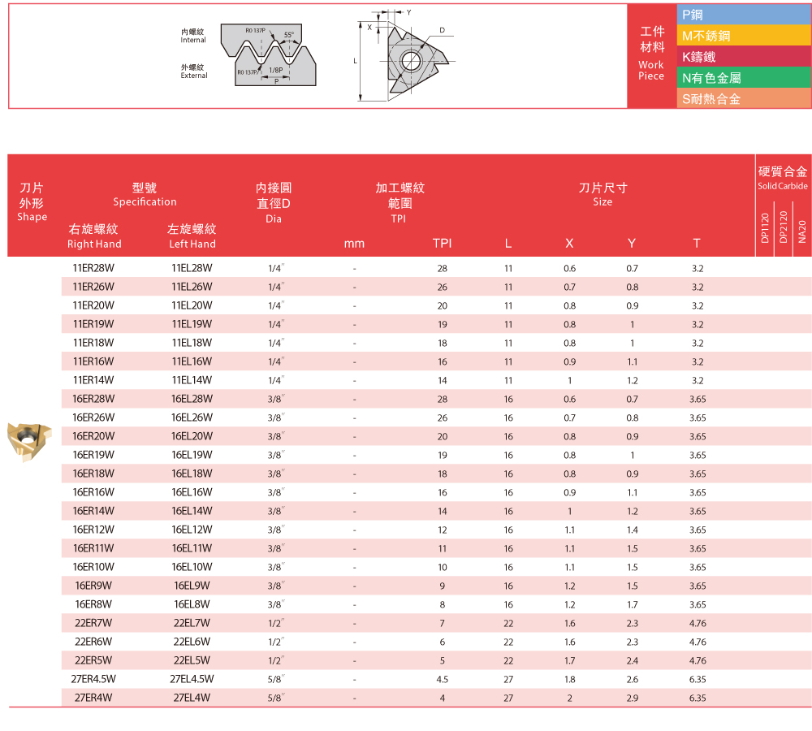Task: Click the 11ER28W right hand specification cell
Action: pyautogui.click(x=93, y=268)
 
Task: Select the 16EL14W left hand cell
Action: pyautogui.click(x=192, y=511)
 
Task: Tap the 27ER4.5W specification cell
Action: pyautogui.click(x=93, y=678)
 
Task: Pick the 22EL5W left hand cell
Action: pyautogui.click(x=192, y=660)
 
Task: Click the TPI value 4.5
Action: pyautogui.click(x=443, y=678)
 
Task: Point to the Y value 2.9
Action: pyautogui.click(x=632, y=698)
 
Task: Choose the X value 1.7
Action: pyautogui.click(x=569, y=660)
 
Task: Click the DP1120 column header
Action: pyautogui.click(x=765, y=227)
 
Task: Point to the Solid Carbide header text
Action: pyautogui.click(x=783, y=186)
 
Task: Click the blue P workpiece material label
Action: pyautogui.click(x=744, y=15)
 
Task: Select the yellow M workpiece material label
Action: pyautogui.click(x=744, y=36)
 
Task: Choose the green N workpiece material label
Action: pyautogui.click(x=744, y=78)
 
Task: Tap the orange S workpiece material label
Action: pyautogui.click(x=744, y=99)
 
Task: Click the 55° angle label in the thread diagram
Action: pyautogui.click(x=288, y=35)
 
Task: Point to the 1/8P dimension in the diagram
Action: pyautogui.click(x=275, y=71)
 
